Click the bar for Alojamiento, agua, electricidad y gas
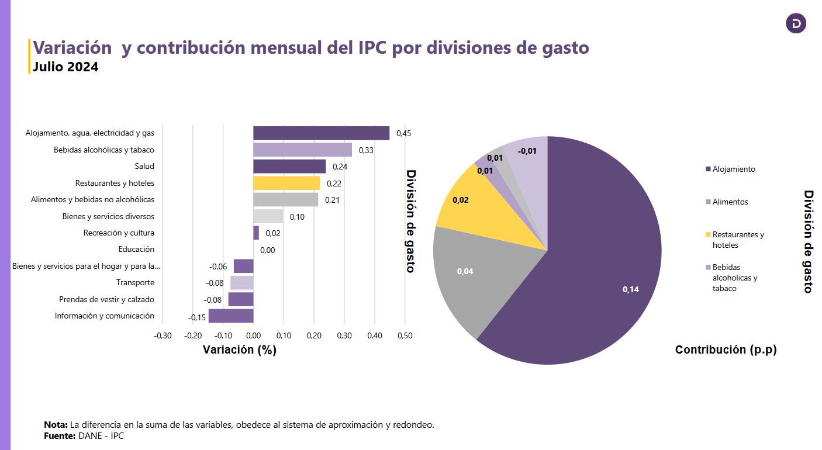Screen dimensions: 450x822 tap(321, 133)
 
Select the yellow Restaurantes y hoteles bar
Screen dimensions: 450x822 tap(286, 183)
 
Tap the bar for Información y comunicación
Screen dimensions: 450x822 tap(231, 316)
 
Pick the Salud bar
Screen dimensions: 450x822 tap(289, 167)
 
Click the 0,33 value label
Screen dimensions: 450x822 tap(366, 150)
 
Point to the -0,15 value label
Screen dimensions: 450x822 tap(197, 317)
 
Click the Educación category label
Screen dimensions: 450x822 tap(136, 250)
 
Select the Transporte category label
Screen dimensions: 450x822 tap(135, 283)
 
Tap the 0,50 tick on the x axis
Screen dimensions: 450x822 tap(405, 335)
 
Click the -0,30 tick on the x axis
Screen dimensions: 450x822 tap(162, 335)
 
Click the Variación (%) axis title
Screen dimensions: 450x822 tap(240, 349)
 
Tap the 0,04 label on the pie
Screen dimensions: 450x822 tap(465, 271)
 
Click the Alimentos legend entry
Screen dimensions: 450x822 tap(730, 202)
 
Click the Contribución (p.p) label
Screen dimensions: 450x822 tap(726, 349)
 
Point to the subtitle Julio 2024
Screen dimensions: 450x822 tap(65, 67)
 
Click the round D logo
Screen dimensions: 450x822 tap(796, 24)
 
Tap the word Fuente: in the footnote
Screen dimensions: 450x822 tap(60, 436)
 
